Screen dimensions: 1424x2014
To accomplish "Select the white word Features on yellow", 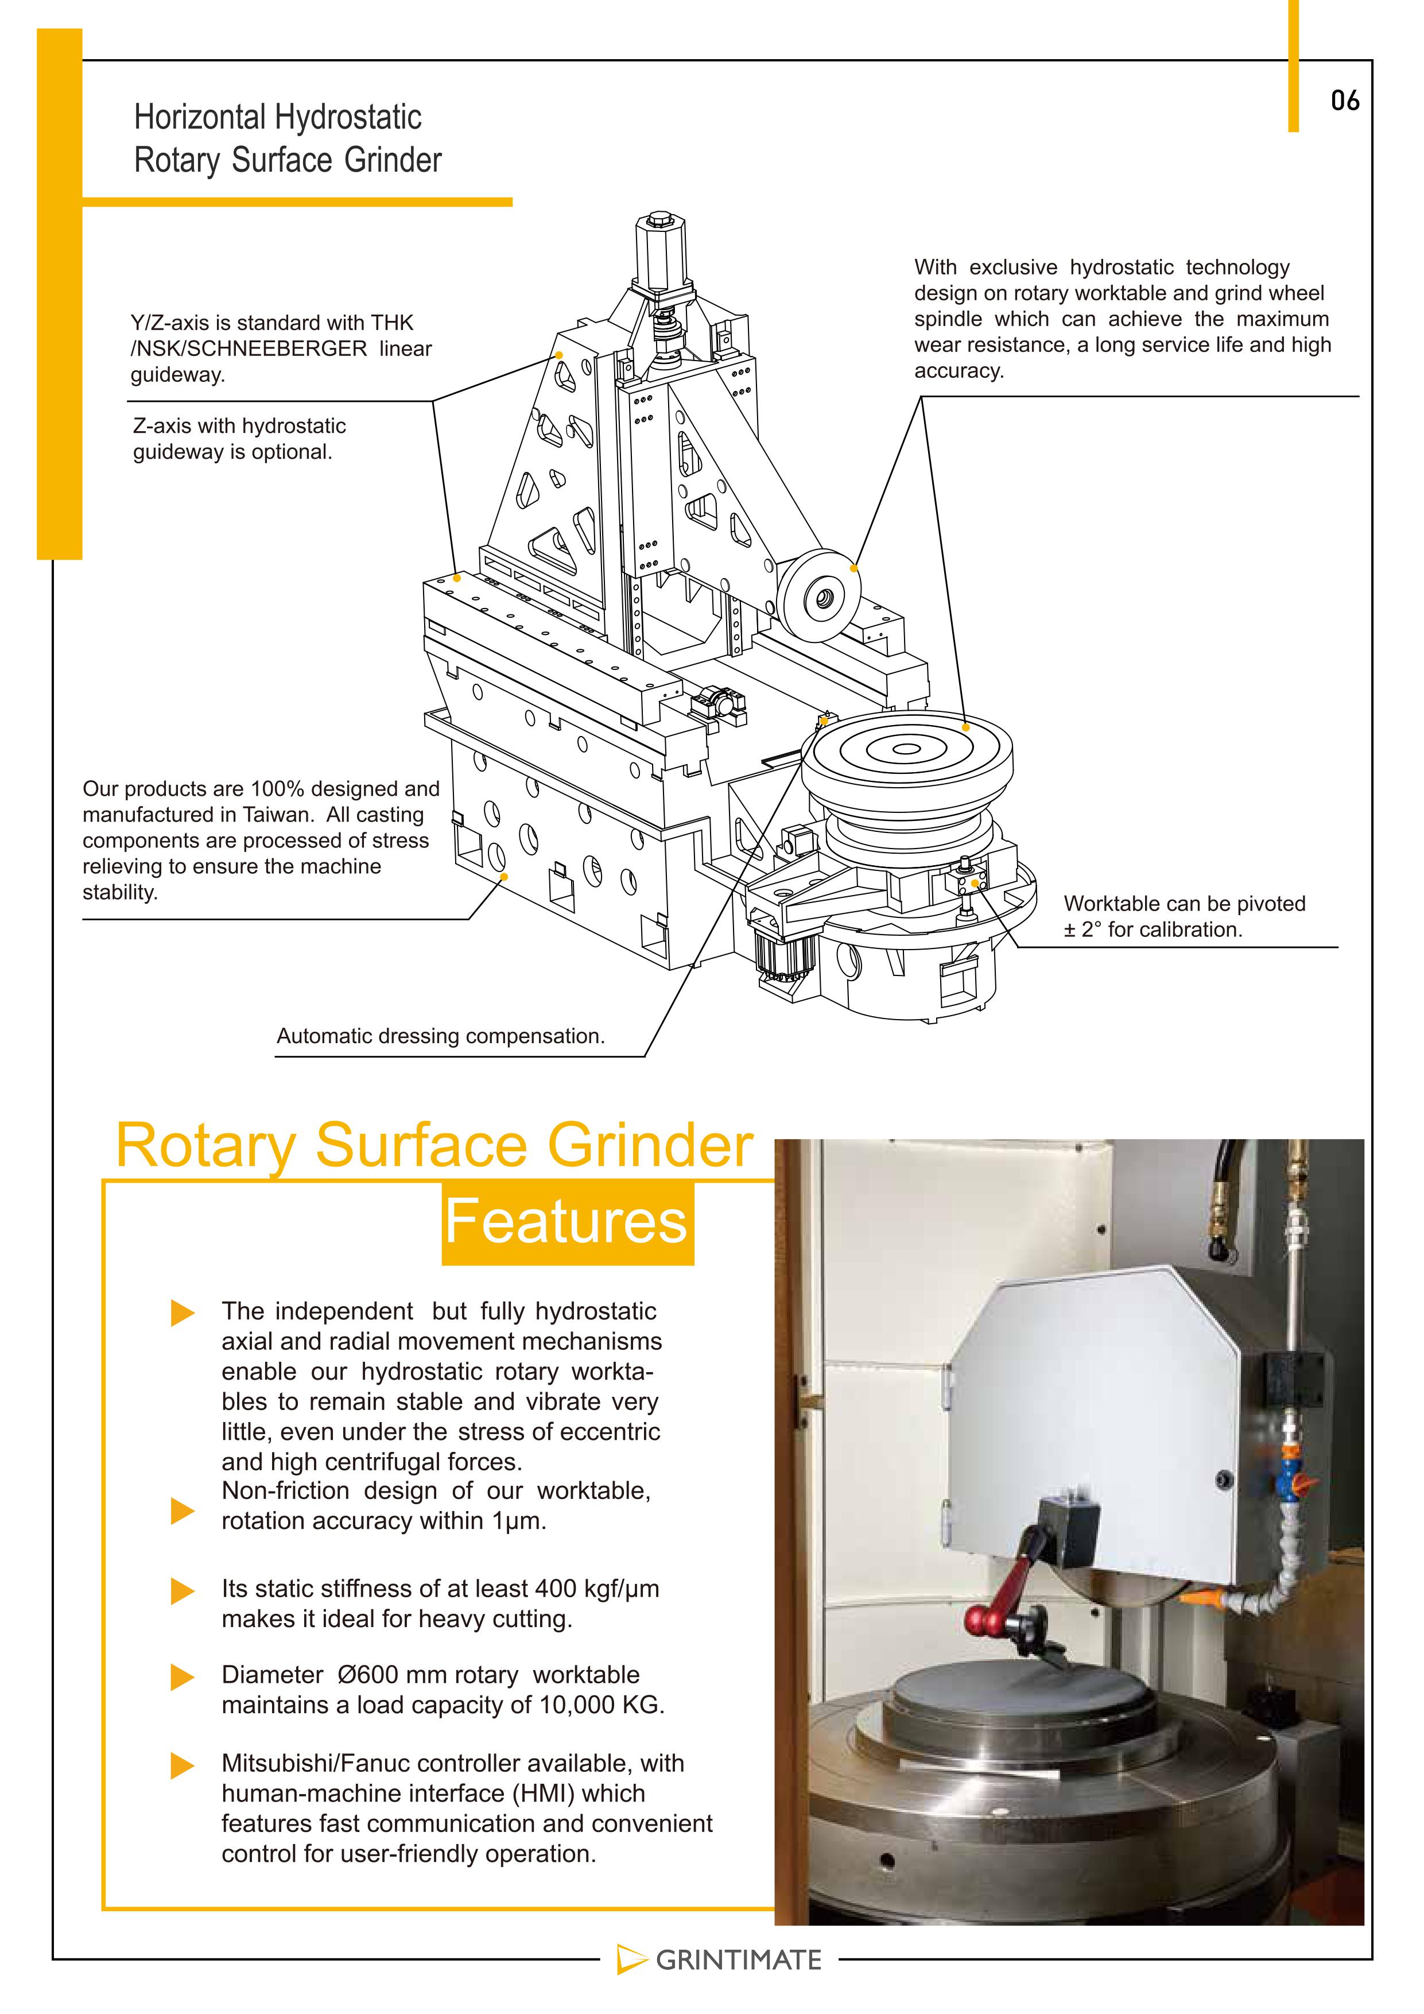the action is click(567, 1221).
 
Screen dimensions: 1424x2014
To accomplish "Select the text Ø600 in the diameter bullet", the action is click(368, 1675).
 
